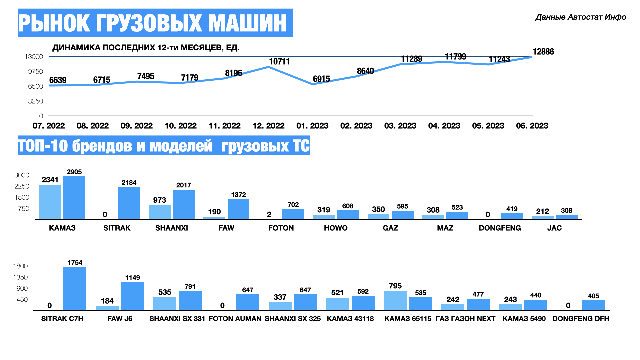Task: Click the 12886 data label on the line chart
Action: pos(543,52)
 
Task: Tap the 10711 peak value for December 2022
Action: pos(279,62)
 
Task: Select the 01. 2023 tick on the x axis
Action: pos(312,126)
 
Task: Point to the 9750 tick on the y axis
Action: pos(35,71)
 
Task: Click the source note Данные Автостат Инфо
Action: pos(581,17)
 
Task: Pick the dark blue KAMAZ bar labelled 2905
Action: pos(74,198)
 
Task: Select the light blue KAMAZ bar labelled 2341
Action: pos(50,202)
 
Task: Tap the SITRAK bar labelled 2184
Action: pos(129,203)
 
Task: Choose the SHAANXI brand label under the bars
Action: pos(172,228)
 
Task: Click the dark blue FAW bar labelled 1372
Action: pos(238,209)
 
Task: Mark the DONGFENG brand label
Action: pos(500,228)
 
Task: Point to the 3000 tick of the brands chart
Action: pos(22,175)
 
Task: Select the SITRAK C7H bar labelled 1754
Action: pos(75,289)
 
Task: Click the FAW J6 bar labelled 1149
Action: pos(132,296)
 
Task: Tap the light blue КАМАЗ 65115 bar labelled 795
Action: pos(395,300)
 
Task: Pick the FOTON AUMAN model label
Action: pos(235,319)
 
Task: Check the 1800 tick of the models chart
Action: pos(20,266)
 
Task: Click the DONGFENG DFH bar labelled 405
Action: pos(593,305)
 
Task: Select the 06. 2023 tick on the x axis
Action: pos(532,126)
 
